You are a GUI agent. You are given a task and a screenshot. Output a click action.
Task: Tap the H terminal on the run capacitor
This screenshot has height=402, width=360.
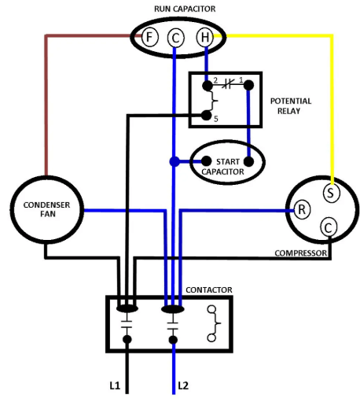204,36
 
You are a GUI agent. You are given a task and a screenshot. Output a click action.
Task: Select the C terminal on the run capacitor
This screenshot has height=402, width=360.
176,37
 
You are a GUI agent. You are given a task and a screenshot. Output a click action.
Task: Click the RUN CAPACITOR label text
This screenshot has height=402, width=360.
186,9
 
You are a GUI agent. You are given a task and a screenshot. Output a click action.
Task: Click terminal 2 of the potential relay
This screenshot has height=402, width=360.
208,85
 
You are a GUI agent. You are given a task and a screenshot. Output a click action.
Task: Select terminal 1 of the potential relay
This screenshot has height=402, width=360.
248,85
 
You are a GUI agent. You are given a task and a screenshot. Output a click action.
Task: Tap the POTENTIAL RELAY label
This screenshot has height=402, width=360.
290,105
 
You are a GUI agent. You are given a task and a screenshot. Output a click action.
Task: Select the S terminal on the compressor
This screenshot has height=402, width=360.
331,190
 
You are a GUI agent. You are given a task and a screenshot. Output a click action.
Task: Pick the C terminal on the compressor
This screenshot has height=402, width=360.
328,228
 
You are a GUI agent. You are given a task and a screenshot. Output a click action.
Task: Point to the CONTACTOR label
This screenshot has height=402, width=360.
209,290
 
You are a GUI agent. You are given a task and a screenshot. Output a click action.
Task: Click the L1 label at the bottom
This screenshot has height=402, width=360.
115,385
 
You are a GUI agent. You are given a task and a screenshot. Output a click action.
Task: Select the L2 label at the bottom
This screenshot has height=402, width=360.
185,385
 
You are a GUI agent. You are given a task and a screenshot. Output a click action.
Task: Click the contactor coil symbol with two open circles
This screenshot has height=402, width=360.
213,323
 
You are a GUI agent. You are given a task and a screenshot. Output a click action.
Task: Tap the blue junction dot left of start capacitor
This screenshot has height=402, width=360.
173,162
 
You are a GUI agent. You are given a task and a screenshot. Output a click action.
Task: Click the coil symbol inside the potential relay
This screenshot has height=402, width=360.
208,100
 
